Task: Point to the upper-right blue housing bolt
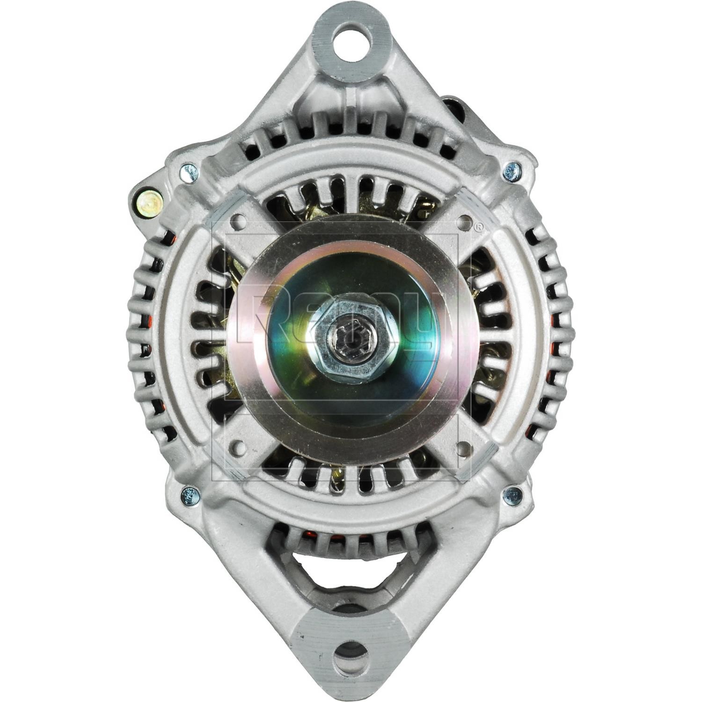(512, 170)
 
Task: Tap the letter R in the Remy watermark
(255, 318)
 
